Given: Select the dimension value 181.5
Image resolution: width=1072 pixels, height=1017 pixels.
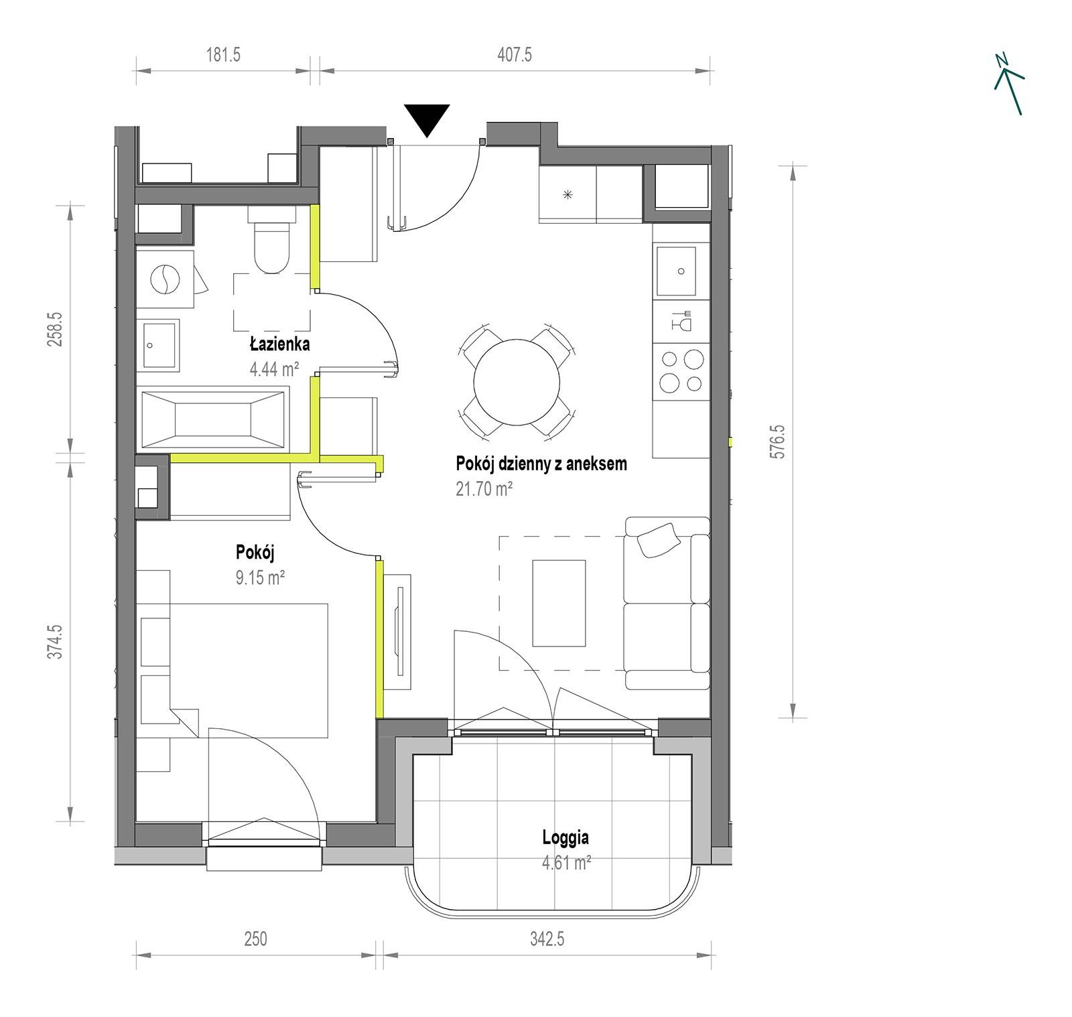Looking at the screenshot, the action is click(223, 54).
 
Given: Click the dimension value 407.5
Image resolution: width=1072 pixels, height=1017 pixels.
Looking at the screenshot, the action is click(515, 54).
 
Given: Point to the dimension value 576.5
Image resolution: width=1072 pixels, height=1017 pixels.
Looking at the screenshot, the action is click(778, 440).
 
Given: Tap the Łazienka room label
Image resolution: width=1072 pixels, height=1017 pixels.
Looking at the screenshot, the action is click(279, 344).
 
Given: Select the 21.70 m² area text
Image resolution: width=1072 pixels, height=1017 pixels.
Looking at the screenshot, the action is click(484, 489).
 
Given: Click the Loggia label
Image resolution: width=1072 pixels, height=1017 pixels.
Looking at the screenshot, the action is click(565, 837).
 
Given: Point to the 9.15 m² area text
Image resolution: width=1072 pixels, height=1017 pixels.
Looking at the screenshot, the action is click(260, 578).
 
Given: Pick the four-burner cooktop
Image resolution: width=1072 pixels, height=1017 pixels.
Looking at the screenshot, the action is click(681, 372).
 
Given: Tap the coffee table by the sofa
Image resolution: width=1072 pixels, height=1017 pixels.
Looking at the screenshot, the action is click(559, 604).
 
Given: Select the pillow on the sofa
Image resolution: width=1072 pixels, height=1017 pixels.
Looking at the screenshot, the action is click(658, 539).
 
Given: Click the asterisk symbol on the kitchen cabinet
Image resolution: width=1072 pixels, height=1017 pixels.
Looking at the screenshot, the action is click(567, 195).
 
